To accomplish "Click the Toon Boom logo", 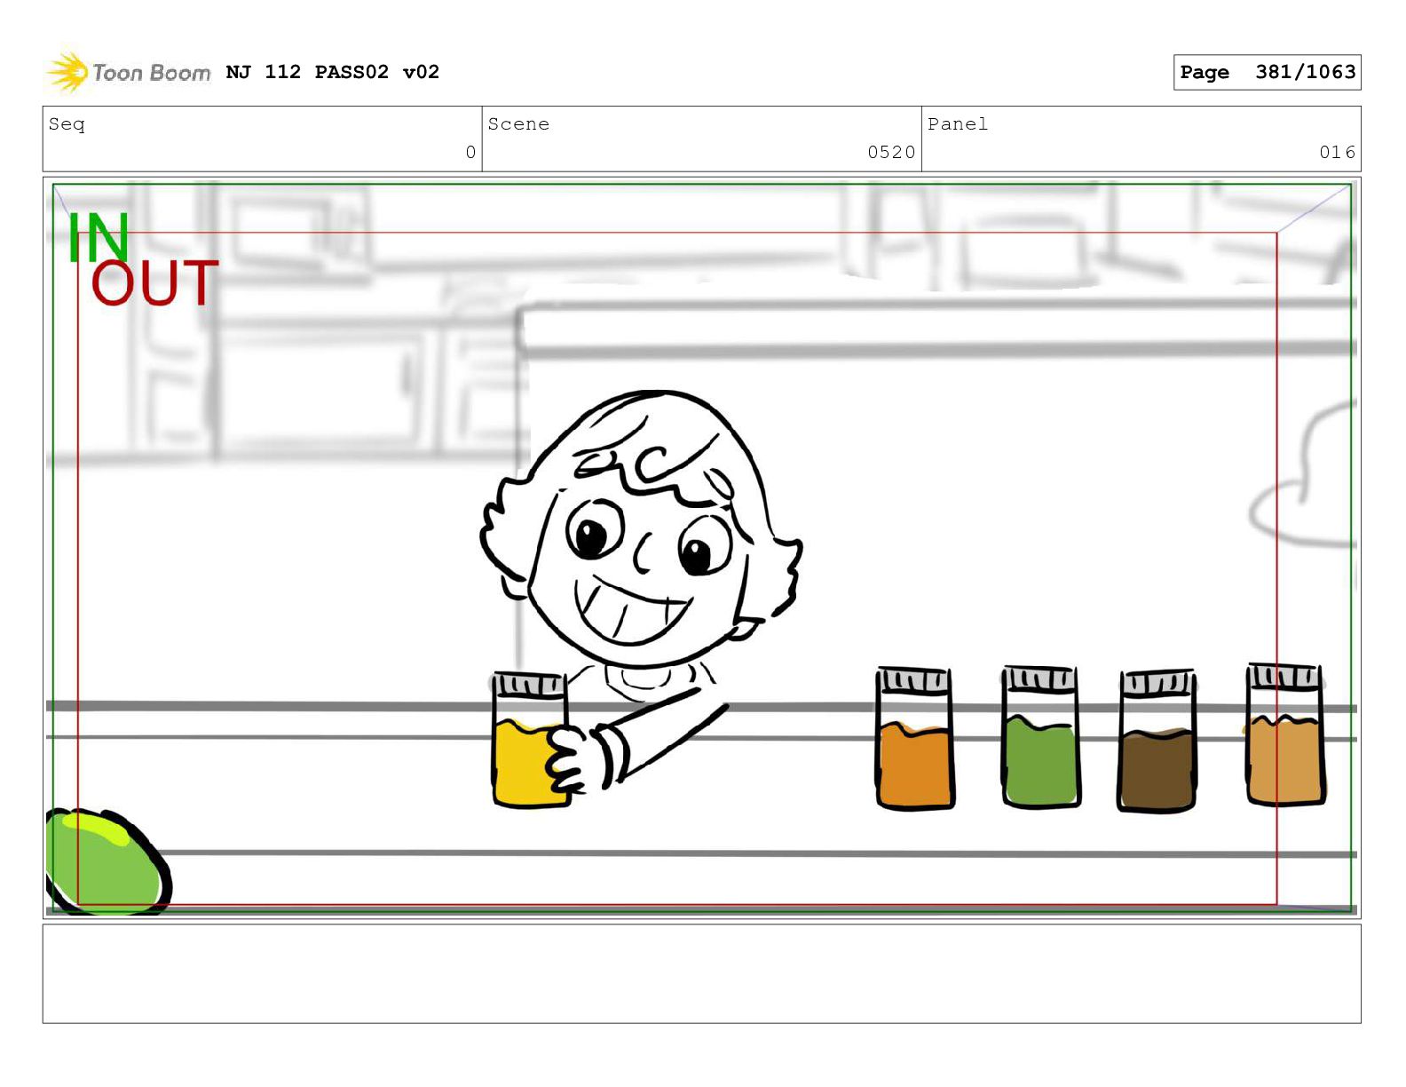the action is (x=129, y=72).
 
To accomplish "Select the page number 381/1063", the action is (x=1305, y=72).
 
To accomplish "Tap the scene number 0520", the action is (x=891, y=152).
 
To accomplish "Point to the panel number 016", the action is (x=1337, y=152).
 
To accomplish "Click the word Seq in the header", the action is (x=67, y=123).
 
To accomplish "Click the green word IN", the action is (x=99, y=237).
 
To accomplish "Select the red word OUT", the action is (x=154, y=283).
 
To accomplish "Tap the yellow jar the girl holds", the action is (x=530, y=740).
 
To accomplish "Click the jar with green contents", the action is (x=1039, y=737).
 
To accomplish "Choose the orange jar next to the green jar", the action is (x=914, y=738).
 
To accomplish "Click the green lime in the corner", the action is (x=108, y=861).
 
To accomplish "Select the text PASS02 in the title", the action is (x=351, y=72).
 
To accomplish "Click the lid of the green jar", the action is (x=1039, y=678).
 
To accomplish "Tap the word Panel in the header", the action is (x=958, y=123).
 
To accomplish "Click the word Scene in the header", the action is (x=518, y=123).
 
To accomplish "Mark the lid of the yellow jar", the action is (x=529, y=685).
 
